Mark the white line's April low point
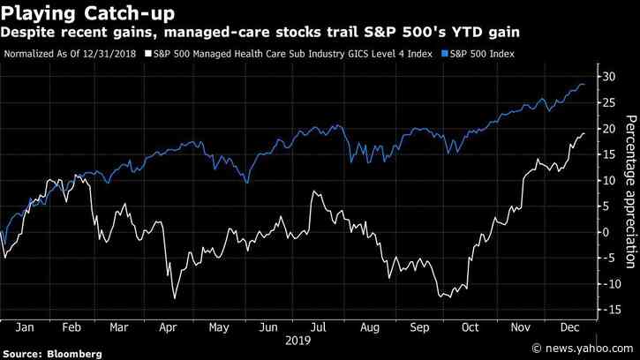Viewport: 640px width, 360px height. coord(174,298)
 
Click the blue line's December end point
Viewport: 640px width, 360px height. coord(584,85)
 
